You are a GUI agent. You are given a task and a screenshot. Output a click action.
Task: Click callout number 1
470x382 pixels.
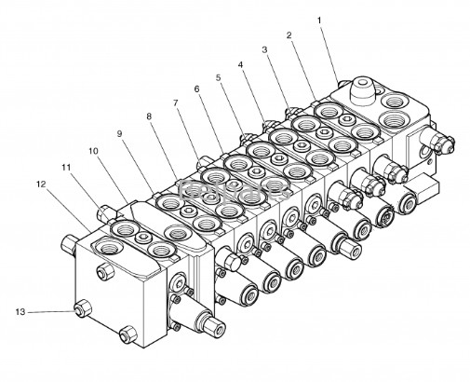pyautogui.click(x=319, y=20)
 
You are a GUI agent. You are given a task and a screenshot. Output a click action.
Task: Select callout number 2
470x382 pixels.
pyautogui.click(x=289, y=35)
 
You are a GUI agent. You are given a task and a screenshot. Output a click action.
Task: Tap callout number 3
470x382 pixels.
pyautogui.click(x=264, y=49)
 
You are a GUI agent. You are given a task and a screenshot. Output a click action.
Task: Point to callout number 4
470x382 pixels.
pyautogui.click(x=240, y=64)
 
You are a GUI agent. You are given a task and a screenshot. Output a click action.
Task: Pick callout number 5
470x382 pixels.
pyautogui.click(x=219, y=77)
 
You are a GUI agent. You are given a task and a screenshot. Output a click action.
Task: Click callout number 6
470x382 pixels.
pyautogui.click(x=197, y=89)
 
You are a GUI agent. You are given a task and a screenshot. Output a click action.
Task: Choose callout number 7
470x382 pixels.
pyautogui.click(x=176, y=102)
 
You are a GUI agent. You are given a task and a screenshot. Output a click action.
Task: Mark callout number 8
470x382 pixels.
pyautogui.click(x=149, y=116)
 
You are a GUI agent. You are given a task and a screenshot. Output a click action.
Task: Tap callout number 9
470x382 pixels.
pyautogui.click(x=120, y=134)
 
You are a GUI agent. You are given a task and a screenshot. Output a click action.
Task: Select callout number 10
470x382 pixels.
pyautogui.click(x=93, y=151)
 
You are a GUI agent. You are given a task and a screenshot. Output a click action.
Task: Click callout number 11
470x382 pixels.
pyautogui.click(x=66, y=168)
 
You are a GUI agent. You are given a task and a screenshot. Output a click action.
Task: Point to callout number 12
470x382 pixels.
pyautogui.click(x=41, y=184)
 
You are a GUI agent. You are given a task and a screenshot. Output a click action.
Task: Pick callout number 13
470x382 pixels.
pyautogui.click(x=20, y=312)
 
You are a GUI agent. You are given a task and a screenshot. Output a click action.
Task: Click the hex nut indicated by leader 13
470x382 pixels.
pyautogui.click(x=82, y=309)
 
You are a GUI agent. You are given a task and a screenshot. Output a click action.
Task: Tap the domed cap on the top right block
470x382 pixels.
pyautogui.click(x=363, y=90)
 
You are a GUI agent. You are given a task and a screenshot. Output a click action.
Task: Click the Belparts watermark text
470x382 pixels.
pyautogui.click(x=235, y=190)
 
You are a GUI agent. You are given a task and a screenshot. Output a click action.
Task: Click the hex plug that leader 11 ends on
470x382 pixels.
pyautogui.click(x=105, y=213)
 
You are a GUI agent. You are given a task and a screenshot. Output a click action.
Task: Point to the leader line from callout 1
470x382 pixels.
pyautogui.click(x=329, y=53)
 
